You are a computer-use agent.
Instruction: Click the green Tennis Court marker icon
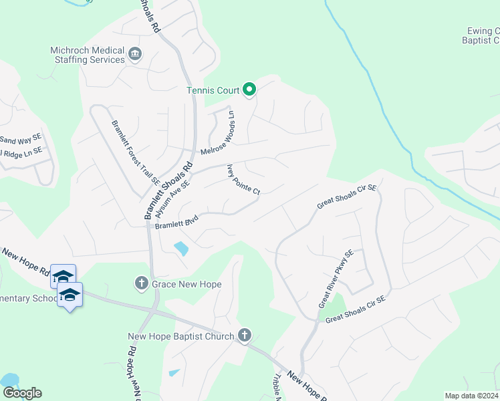click(249, 89)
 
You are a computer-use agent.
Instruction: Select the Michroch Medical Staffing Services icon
click(134, 53)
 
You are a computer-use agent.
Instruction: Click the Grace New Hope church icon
click(141, 284)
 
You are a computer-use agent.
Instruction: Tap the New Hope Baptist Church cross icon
click(245, 336)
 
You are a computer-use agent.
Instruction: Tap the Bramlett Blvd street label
click(178, 221)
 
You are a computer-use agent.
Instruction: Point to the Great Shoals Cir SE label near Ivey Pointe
click(348, 197)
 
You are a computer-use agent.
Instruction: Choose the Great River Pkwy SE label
click(336, 279)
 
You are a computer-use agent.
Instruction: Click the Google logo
click(22, 393)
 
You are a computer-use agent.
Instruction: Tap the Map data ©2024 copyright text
click(471, 396)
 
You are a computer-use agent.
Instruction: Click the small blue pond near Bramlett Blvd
click(180, 249)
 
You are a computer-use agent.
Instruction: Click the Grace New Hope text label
click(186, 284)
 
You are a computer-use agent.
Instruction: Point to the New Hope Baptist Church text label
click(181, 336)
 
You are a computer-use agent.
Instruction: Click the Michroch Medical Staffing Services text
click(88, 55)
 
